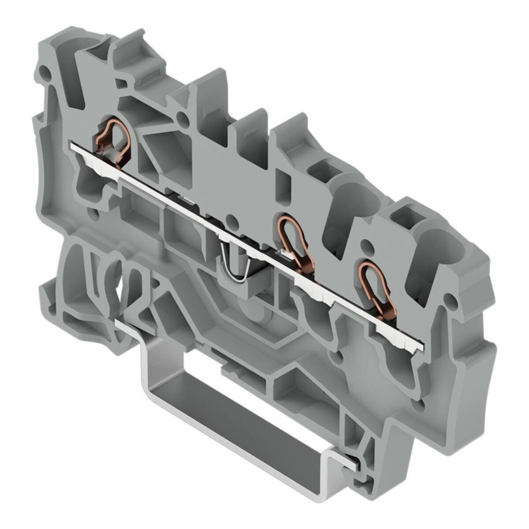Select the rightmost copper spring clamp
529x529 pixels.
coord(375,286)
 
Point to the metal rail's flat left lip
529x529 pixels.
coord(128,326)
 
